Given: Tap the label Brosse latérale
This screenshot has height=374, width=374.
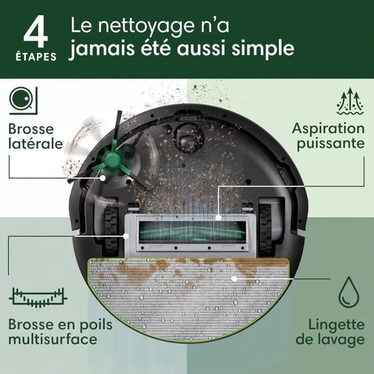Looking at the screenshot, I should [x=35, y=136].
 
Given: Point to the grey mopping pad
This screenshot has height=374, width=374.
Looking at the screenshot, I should [x=186, y=299].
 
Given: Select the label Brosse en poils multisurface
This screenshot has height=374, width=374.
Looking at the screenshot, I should [x=52, y=331].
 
